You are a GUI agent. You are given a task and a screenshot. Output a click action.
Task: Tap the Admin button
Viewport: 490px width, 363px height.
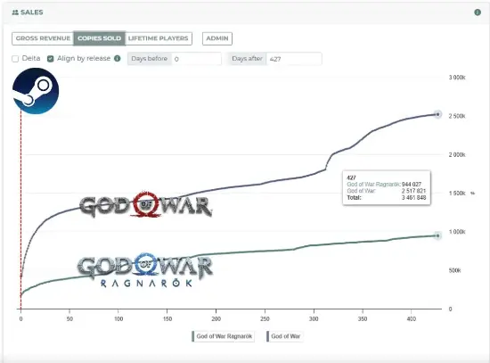pyautogui.click(x=216, y=38)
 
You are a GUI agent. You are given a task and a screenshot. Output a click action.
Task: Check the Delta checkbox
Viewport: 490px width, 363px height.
pyautogui.click(x=15, y=59)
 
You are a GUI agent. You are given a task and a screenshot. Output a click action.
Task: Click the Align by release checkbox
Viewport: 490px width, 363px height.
pyautogui.click(x=52, y=59)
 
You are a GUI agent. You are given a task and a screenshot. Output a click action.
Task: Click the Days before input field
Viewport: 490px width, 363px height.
pyautogui.click(x=196, y=59)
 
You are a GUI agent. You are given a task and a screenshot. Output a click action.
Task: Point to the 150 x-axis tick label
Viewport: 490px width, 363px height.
pyautogui.click(x=167, y=317)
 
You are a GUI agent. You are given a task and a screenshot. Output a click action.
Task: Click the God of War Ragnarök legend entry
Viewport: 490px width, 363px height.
pyautogui.click(x=225, y=336)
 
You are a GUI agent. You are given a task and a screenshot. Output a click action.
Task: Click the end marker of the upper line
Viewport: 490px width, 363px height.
pyautogui.click(x=437, y=114)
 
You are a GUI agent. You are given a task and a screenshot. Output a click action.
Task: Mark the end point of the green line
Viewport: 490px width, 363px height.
pyautogui.click(x=437, y=235)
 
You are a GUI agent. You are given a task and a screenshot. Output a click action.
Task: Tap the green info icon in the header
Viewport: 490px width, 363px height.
pyautogui.click(x=478, y=12)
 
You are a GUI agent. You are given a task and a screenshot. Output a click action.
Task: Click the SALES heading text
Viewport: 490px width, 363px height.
pyautogui.click(x=31, y=12)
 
